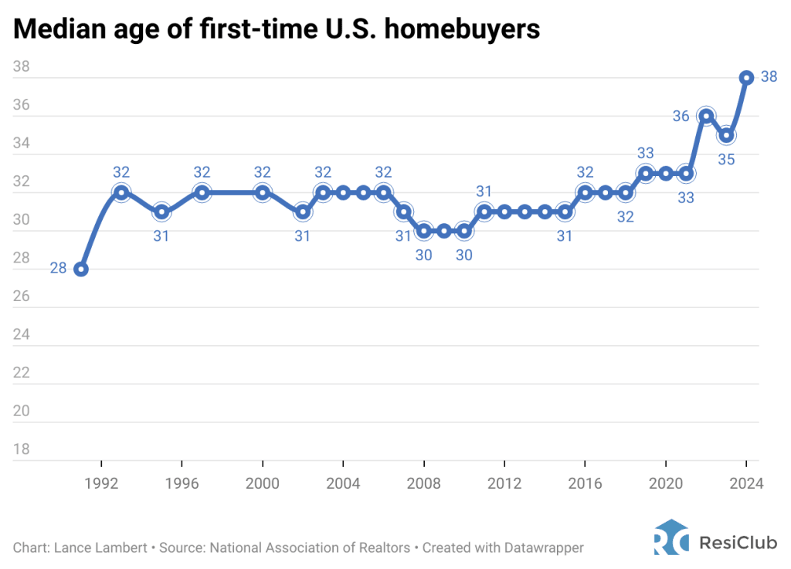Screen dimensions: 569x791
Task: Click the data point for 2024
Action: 746,78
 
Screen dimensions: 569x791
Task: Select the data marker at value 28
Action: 81,269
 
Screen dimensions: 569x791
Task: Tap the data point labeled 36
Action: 705,117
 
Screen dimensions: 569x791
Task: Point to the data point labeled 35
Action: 726,135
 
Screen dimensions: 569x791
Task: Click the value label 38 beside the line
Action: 769,77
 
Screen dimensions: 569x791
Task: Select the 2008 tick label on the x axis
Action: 423,484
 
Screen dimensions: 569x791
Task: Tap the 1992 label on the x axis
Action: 101,484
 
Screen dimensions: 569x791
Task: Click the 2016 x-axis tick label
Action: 585,484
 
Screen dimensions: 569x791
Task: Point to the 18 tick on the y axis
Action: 22,449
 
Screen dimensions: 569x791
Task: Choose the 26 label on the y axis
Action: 22,296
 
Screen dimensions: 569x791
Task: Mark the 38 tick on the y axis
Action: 22,67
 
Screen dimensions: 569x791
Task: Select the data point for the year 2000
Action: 263,192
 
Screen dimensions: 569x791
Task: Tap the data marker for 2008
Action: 423,230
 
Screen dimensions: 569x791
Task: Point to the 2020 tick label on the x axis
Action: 665,484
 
